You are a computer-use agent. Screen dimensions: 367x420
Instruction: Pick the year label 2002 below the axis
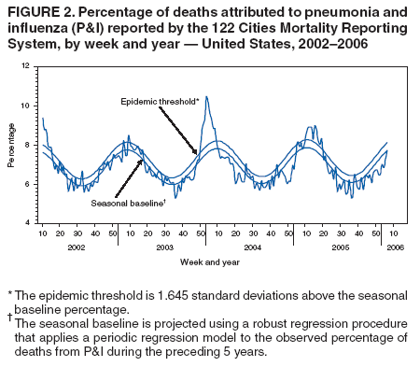pos(78,247)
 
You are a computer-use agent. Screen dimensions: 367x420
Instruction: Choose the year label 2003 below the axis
pos(164,247)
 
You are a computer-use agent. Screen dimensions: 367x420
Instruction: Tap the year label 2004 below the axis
pos(251,247)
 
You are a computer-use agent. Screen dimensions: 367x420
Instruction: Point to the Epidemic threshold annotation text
pos(160,100)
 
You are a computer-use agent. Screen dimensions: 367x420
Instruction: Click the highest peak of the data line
pos(206,96)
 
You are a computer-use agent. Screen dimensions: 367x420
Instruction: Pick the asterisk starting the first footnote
pos(9,293)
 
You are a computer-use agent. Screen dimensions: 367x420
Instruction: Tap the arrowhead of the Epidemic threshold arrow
pos(196,152)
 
